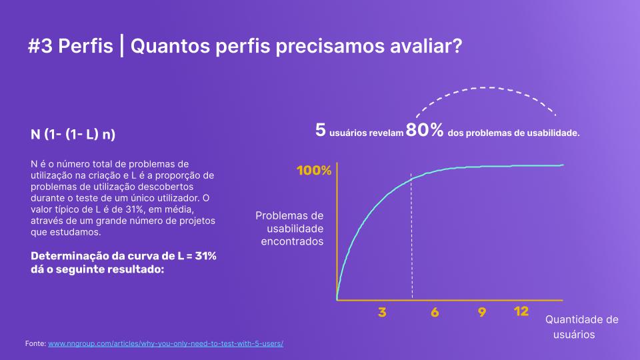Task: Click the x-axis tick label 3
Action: (x=382, y=312)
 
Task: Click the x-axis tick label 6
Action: (x=435, y=312)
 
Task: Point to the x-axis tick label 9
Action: (x=482, y=312)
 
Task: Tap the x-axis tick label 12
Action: (x=521, y=311)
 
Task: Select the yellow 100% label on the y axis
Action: (x=314, y=170)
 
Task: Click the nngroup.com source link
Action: (x=166, y=344)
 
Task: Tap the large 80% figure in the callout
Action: (x=425, y=130)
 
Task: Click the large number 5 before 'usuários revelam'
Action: (x=321, y=130)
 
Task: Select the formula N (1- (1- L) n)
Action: (x=73, y=134)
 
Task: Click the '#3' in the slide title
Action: (x=40, y=46)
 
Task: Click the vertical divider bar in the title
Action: (x=121, y=46)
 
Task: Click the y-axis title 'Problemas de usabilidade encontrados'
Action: (x=290, y=228)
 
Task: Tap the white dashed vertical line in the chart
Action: (x=411, y=236)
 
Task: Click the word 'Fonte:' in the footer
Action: (x=35, y=344)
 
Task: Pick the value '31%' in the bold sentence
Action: (x=206, y=256)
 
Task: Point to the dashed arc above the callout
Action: (x=487, y=87)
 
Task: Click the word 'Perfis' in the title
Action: (x=85, y=46)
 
